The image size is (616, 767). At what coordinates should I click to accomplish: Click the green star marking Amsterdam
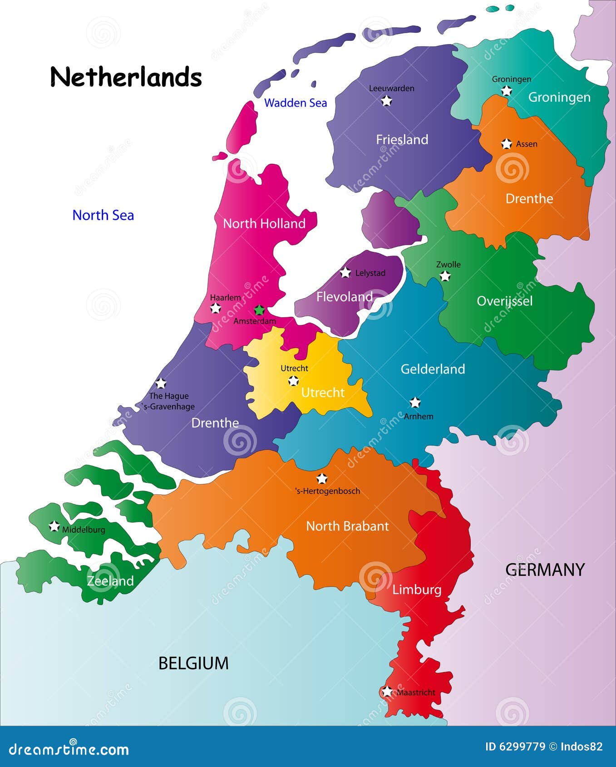point(259,310)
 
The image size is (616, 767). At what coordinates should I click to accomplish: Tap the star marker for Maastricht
point(387,692)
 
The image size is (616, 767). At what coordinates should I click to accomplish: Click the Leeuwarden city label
point(391,88)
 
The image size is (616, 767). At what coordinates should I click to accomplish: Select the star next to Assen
point(506,144)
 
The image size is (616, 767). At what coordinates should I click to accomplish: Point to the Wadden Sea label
point(296,103)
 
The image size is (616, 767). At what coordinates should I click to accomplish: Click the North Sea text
point(103,215)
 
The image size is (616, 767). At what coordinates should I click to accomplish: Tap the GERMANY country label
point(545,570)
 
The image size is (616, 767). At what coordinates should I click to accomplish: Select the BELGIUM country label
point(193,663)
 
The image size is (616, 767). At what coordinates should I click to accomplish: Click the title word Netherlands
point(126,77)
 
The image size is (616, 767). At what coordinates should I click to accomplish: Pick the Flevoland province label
point(344,297)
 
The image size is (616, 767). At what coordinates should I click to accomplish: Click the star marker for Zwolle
point(445,276)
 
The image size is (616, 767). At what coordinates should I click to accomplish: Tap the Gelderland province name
point(433,369)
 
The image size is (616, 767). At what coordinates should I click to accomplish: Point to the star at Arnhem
point(415,403)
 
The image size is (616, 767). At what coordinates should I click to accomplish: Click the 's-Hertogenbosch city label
point(327,491)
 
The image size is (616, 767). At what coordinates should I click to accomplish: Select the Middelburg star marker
point(54,526)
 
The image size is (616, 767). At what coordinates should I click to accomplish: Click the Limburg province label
point(417,590)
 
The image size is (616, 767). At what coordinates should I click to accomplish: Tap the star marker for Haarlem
point(216,309)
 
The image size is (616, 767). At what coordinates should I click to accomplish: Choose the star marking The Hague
point(161,383)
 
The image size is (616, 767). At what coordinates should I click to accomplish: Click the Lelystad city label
point(370,273)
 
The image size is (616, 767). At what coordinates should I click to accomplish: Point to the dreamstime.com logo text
point(69,749)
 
